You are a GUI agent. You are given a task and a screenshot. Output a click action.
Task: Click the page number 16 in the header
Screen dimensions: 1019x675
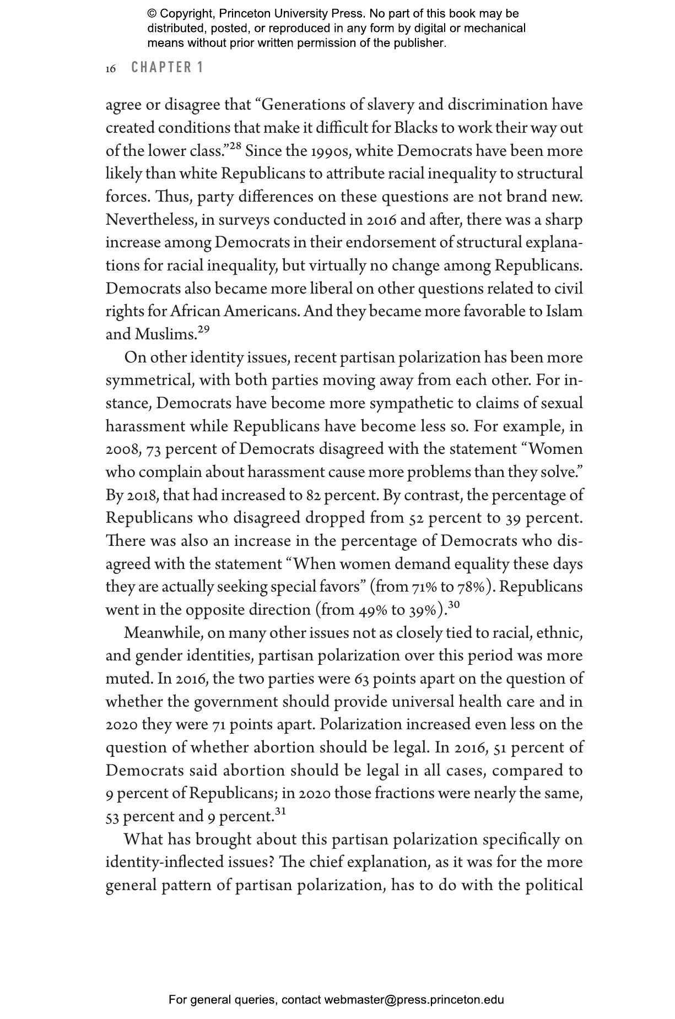[x=111, y=68]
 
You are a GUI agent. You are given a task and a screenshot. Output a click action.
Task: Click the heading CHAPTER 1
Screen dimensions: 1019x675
[x=168, y=67]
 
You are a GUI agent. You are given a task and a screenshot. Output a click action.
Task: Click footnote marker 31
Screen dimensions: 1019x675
[x=280, y=811]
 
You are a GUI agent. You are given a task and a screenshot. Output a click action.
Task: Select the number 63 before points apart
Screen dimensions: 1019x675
[x=361, y=679]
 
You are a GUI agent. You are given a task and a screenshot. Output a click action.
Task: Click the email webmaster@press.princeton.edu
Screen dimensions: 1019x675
[x=414, y=1000]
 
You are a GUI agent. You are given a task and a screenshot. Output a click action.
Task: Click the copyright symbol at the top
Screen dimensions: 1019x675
[x=152, y=14]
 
